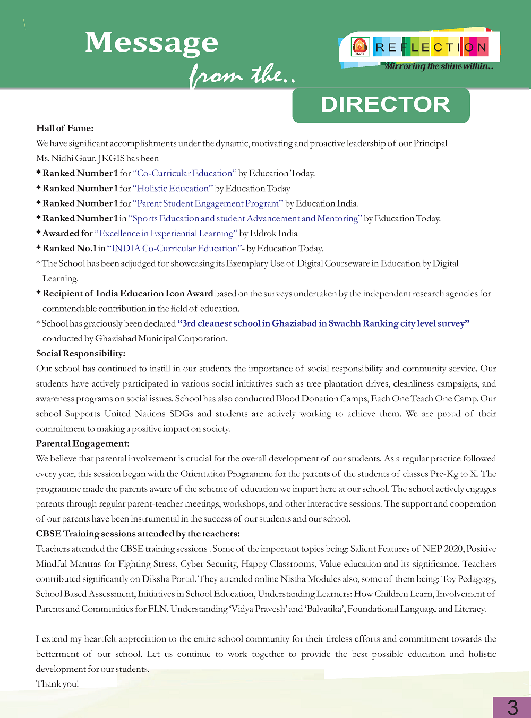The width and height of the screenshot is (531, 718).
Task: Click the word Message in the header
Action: (151, 42)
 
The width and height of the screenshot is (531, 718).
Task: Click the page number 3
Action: (512, 707)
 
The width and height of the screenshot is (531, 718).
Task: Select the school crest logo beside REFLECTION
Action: (360, 47)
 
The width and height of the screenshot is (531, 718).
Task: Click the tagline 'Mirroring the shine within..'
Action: (439, 66)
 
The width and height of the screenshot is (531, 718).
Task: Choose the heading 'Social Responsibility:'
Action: (81, 354)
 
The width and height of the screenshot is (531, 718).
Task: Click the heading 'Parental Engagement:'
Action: (82, 443)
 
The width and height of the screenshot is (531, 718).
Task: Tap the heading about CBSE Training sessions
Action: (138, 534)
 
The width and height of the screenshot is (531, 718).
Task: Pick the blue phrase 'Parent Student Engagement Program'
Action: (208, 203)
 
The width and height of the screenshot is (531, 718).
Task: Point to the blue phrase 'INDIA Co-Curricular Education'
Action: (174, 249)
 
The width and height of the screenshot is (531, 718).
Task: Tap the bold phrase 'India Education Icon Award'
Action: (154, 294)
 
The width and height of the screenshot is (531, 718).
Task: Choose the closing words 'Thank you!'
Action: (57, 684)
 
